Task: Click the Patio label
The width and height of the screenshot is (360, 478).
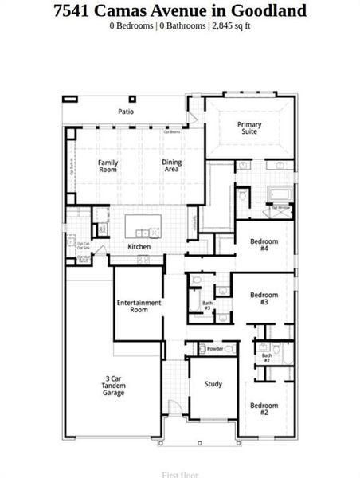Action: (126, 112)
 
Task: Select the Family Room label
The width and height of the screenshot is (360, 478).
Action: (108, 166)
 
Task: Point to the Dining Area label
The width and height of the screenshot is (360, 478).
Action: (172, 166)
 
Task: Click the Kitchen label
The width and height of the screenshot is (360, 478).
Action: (139, 247)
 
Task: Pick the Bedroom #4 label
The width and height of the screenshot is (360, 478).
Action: (264, 244)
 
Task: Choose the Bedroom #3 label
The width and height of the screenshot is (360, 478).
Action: (264, 298)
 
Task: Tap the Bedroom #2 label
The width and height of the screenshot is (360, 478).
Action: (264, 409)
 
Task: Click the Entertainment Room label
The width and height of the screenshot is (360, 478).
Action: (139, 306)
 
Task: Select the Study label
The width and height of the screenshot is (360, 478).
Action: (213, 384)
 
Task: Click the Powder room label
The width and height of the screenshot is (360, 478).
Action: (214, 349)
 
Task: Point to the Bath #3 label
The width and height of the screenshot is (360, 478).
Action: (207, 305)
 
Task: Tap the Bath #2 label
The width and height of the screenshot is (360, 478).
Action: (267, 358)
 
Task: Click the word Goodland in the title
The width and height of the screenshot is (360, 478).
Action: (268, 10)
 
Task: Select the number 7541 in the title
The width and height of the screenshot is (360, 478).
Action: (72, 10)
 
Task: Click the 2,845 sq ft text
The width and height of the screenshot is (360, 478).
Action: (232, 26)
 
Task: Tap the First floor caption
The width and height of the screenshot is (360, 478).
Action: (180, 474)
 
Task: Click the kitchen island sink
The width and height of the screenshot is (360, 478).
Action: (144, 233)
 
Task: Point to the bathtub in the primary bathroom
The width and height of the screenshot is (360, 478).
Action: (280, 194)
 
